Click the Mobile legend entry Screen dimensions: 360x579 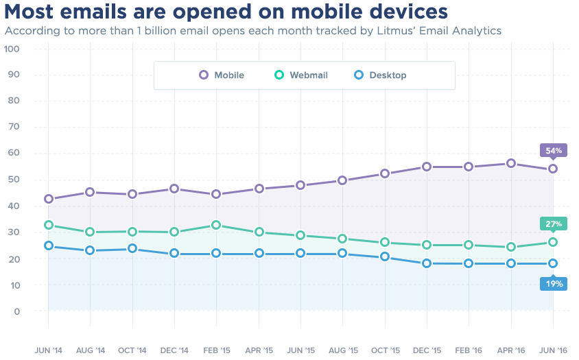(222, 75)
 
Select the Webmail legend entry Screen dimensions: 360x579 (301, 75)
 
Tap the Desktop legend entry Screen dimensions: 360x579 (380, 75)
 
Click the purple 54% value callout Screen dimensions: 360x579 (554, 150)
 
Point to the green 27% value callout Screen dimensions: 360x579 (554, 224)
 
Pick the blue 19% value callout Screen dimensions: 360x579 (554, 283)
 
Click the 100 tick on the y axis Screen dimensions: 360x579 (12, 49)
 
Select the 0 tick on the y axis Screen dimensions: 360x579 (16, 311)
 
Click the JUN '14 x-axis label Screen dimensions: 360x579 (48, 350)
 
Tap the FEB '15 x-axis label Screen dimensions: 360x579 (216, 350)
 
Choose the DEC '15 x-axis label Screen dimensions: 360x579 (427, 350)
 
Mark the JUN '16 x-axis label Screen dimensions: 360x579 (553, 350)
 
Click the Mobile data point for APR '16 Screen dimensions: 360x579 (511, 163)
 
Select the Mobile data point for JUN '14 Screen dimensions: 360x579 (49, 199)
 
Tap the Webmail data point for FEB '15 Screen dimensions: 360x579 (216, 225)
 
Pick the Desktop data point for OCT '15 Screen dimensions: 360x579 (385, 256)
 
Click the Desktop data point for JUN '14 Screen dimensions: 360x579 (49, 245)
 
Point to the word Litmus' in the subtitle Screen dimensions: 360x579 (380, 31)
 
